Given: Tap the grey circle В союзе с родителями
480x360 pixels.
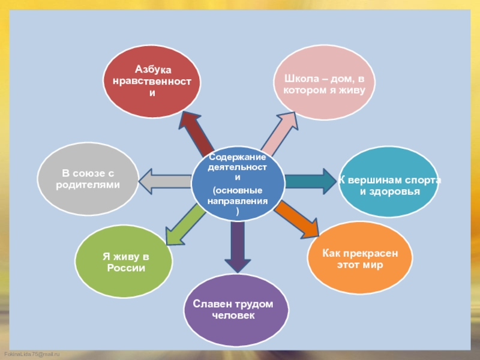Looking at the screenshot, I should click(x=88, y=179).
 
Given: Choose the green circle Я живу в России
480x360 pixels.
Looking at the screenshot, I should click(x=124, y=262).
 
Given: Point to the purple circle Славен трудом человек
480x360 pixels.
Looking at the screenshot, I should click(x=232, y=310).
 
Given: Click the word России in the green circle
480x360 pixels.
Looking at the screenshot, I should click(x=126, y=268).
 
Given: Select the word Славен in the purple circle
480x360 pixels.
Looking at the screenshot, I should click(x=210, y=304).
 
